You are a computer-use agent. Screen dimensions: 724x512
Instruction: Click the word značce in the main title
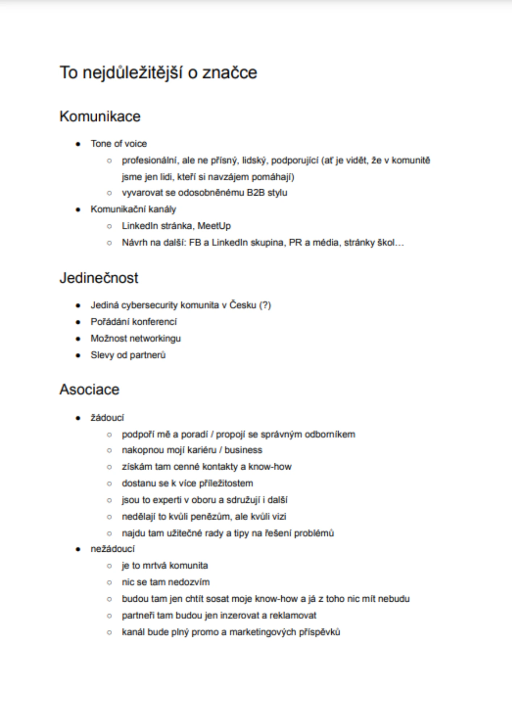(230, 73)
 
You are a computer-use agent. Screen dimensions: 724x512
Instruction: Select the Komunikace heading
(100, 117)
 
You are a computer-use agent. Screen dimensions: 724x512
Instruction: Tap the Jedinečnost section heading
(99, 278)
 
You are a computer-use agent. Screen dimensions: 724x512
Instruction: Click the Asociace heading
(89, 390)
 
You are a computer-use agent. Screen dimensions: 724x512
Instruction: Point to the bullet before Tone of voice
(78, 144)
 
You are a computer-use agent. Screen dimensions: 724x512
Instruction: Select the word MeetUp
(214, 226)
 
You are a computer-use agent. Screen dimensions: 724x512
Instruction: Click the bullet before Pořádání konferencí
(78, 322)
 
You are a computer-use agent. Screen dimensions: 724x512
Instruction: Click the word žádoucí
(107, 418)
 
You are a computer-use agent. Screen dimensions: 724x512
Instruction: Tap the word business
(243, 450)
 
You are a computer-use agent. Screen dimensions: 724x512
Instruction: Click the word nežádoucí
(113, 549)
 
